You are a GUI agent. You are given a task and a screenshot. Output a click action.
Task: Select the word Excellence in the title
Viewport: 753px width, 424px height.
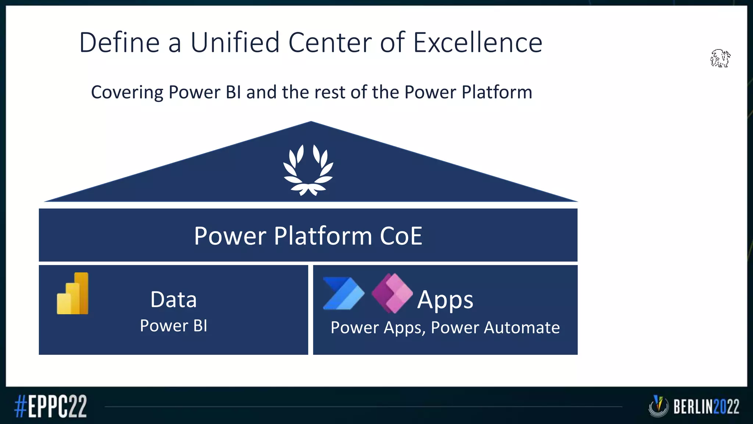(x=478, y=42)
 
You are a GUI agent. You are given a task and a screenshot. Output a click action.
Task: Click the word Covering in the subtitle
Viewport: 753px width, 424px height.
(x=127, y=92)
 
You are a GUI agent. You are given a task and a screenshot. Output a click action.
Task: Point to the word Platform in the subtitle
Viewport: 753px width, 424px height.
(x=497, y=92)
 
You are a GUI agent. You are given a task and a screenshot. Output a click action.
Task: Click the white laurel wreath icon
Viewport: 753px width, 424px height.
(x=308, y=170)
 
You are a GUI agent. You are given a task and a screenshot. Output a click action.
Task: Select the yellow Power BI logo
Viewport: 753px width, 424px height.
(x=73, y=293)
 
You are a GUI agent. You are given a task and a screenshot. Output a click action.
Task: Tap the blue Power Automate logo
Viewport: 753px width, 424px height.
(x=343, y=293)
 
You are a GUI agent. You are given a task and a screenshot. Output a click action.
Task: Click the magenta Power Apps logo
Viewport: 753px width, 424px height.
(x=392, y=293)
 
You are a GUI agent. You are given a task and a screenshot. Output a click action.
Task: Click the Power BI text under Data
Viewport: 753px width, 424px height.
(x=174, y=326)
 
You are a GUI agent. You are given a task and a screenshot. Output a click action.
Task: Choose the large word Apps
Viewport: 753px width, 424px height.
(x=445, y=300)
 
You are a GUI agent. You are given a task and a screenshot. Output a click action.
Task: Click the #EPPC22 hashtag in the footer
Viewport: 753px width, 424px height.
(x=51, y=406)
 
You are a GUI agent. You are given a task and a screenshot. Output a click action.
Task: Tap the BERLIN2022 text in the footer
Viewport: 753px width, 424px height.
(x=706, y=407)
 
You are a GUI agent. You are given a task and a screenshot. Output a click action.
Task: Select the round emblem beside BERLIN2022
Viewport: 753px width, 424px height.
(x=658, y=406)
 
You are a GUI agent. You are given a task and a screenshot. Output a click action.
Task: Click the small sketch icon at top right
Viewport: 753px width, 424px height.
(x=720, y=58)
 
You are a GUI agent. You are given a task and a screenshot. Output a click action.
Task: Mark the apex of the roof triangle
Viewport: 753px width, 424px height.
(x=311, y=122)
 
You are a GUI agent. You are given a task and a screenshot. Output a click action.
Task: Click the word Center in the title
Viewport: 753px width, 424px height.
(x=330, y=42)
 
